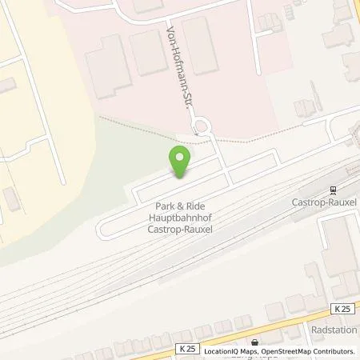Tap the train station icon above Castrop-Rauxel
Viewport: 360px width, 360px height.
click(330, 190)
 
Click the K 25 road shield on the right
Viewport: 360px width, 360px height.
click(342, 309)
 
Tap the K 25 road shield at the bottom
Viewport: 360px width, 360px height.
click(188, 348)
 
